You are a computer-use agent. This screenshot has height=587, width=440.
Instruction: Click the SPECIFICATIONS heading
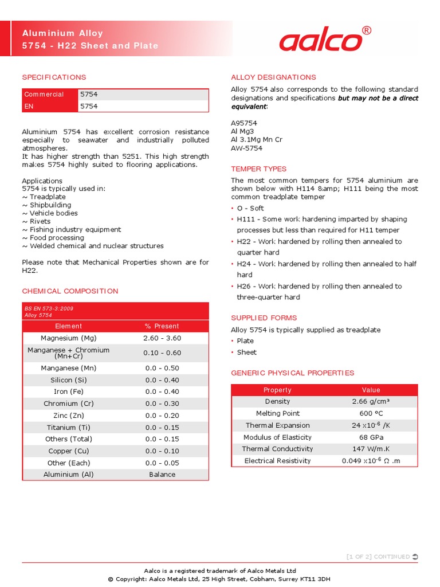[x=54, y=77]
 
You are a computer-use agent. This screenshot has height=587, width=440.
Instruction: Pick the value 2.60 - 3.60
[x=162, y=338]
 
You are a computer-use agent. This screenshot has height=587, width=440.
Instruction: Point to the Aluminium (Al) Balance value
[x=162, y=475]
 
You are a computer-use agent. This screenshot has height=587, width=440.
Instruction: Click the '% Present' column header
[x=162, y=326]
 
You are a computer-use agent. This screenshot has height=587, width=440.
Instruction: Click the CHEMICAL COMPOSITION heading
[x=70, y=291]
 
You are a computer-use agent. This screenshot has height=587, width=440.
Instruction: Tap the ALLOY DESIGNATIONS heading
[x=273, y=77]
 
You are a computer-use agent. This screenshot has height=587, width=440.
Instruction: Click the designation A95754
[x=244, y=123]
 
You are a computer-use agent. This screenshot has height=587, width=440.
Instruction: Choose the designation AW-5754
[x=247, y=148]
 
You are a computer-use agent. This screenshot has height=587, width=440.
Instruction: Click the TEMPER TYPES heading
[x=258, y=169]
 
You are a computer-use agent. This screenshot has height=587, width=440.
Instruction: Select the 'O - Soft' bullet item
[x=250, y=209]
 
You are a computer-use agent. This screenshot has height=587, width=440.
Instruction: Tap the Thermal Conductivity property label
[x=277, y=449]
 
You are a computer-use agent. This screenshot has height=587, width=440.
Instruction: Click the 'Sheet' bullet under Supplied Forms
[x=247, y=353]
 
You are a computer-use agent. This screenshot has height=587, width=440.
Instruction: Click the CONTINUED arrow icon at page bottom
[x=415, y=557]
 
